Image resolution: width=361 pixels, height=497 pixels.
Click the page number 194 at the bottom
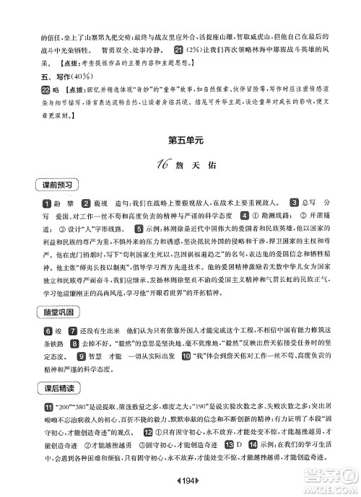point(180,482)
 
